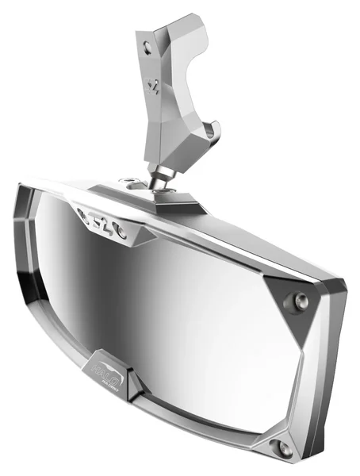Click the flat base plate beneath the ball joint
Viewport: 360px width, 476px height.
170,196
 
